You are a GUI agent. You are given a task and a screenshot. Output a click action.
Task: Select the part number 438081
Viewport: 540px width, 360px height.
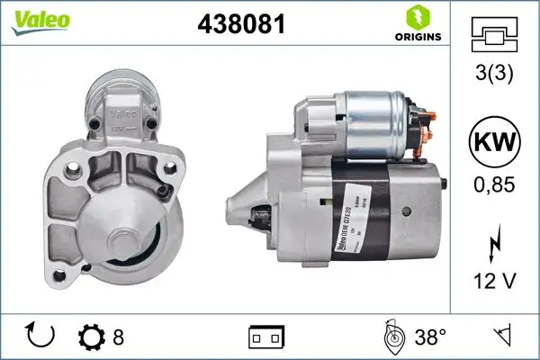coord(241,25)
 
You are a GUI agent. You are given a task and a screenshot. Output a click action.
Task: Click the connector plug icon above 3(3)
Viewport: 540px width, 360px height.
coord(495,36)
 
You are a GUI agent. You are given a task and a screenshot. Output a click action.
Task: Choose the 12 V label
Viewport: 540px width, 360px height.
coord(495,282)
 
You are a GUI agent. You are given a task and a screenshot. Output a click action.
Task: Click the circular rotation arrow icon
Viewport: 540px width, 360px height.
coord(41,337)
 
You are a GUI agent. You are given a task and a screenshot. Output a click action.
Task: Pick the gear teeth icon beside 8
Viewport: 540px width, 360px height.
coord(93,337)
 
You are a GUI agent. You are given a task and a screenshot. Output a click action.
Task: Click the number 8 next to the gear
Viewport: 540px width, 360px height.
coord(118,337)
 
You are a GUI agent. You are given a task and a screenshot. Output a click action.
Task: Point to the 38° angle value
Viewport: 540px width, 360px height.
coord(430,337)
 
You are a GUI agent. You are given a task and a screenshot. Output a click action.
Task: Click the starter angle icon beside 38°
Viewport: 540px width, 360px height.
coord(394,337)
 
